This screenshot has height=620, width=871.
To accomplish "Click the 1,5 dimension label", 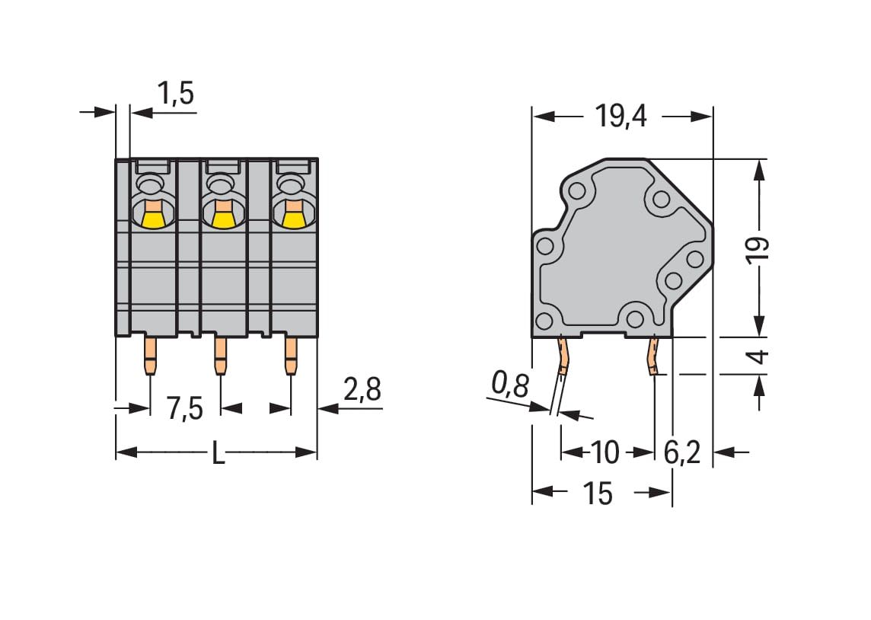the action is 176,94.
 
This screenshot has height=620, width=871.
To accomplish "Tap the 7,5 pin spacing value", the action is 185,410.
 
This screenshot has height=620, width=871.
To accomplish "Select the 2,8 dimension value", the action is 362,389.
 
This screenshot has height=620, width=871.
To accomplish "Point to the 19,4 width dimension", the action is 621,117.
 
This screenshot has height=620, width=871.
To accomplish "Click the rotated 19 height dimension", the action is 758,250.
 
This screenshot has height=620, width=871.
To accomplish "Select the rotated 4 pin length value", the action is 759,356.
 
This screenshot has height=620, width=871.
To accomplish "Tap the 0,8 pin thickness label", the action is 510,385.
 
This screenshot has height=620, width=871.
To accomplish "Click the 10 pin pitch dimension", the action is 605,452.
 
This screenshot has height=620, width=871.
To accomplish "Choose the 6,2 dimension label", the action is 682,452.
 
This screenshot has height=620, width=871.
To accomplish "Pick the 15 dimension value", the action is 598,494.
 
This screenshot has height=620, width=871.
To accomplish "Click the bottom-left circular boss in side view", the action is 544,321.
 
